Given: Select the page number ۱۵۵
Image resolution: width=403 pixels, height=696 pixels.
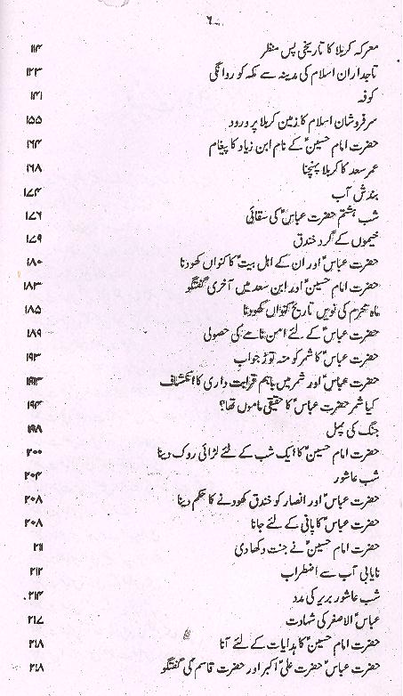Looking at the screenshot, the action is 36,118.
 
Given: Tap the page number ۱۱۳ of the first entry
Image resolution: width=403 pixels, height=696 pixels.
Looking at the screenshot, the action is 36,47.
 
